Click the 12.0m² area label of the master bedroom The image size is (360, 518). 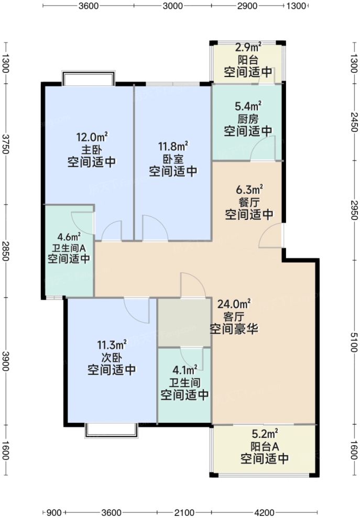coord(92,138)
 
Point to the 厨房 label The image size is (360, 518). coord(248,118)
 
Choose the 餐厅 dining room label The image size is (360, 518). coord(249,202)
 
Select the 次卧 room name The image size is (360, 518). coord(112,357)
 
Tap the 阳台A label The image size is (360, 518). coord(265,447)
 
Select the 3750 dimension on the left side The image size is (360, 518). coord(6,143)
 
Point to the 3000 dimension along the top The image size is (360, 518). coord(172,6)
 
